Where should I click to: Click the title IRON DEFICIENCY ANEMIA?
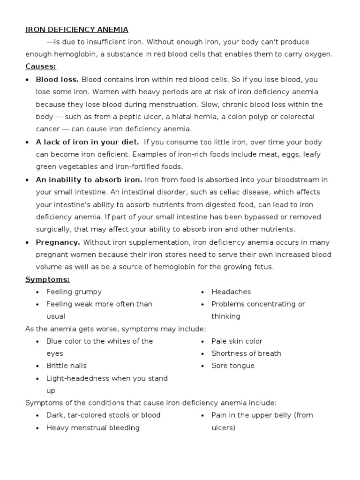tap(76, 30)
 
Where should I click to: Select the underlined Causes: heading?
tap(41, 67)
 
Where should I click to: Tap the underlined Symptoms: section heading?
tap(47, 279)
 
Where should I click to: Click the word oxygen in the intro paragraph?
tap(319, 54)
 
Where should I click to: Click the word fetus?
tap(263, 267)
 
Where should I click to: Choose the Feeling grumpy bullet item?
tap(74, 292)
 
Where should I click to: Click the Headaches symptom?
tap(231, 292)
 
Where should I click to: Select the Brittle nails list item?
tap(67, 366)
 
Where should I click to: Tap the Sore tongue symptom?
tap(233, 366)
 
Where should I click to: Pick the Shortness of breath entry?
tap(246, 353)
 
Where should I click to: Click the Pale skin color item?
tap(237, 341)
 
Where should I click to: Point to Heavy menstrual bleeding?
tap(93, 427)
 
